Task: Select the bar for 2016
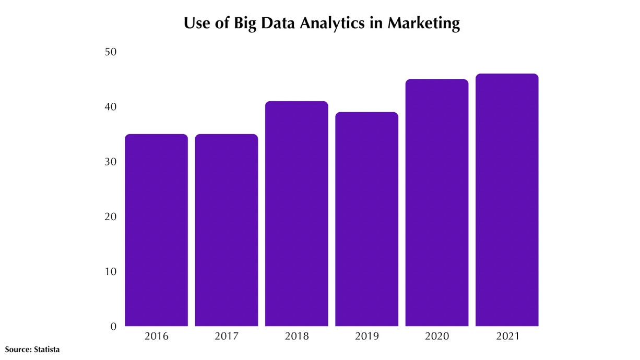pyautogui.click(x=156, y=230)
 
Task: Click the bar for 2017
pyautogui.click(x=227, y=230)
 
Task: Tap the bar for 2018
pyautogui.click(x=297, y=214)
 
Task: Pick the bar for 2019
pyautogui.click(x=366, y=219)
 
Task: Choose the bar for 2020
pyautogui.click(x=437, y=203)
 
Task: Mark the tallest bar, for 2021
pyautogui.click(x=507, y=200)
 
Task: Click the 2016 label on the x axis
pyautogui.click(x=156, y=337)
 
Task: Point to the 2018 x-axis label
pyautogui.click(x=297, y=337)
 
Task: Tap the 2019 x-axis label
pyautogui.click(x=366, y=337)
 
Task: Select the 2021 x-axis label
pyautogui.click(x=507, y=337)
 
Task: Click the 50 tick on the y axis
pyautogui.click(x=110, y=52)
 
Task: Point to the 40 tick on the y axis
pyautogui.click(x=110, y=107)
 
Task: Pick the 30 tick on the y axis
pyautogui.click(x=110, y=162)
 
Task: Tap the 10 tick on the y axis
pyautogui.click(x=110, y=271)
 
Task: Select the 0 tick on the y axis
pyautogui.click(x=113, y=327)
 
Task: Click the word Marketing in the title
pyautogui.click(x=423, y=24)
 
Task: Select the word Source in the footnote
pyautogui.click(x=18, y=349)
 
